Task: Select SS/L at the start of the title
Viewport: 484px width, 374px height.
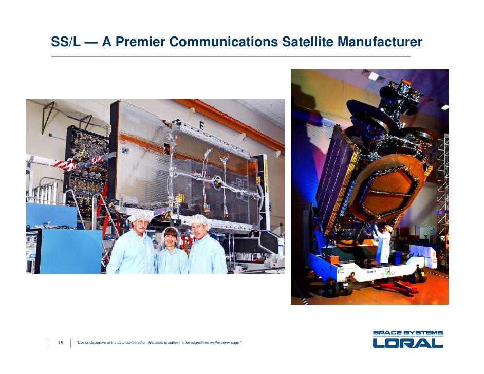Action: tap(66, 42)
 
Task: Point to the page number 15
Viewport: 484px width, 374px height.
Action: tap(60, 343)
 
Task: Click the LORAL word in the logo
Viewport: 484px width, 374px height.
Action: tap(407, 343)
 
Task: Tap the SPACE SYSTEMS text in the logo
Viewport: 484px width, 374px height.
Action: tap(407, 333)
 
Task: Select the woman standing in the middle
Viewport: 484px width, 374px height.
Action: tap(172, 253)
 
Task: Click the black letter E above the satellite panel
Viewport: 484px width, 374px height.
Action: tap(201, 125)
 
